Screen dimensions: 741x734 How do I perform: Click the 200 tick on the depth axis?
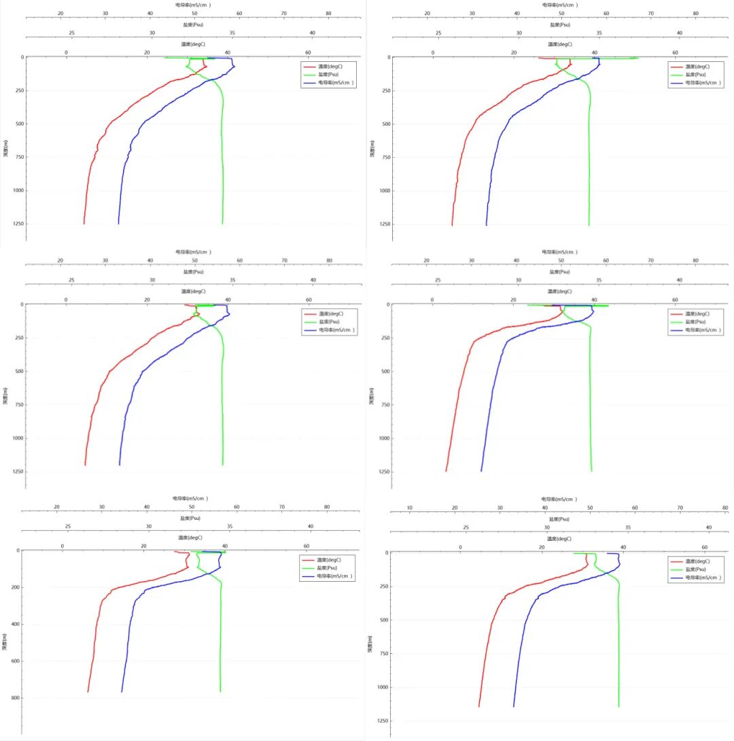pos(14,587)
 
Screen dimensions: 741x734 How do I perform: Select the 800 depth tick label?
pos(14,697)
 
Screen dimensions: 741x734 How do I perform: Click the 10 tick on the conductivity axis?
pos(410,508)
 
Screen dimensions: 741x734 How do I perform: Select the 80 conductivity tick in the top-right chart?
pos(695,14)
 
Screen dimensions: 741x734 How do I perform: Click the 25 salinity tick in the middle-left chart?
pos(71,280)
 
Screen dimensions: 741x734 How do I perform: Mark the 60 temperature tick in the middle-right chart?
pos(676,299)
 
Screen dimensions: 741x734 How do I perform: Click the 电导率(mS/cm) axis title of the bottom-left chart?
pos(190,498)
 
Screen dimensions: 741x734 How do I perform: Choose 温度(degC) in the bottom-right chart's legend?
pos(697,561)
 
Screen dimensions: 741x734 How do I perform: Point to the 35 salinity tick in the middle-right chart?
pos(599,280)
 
